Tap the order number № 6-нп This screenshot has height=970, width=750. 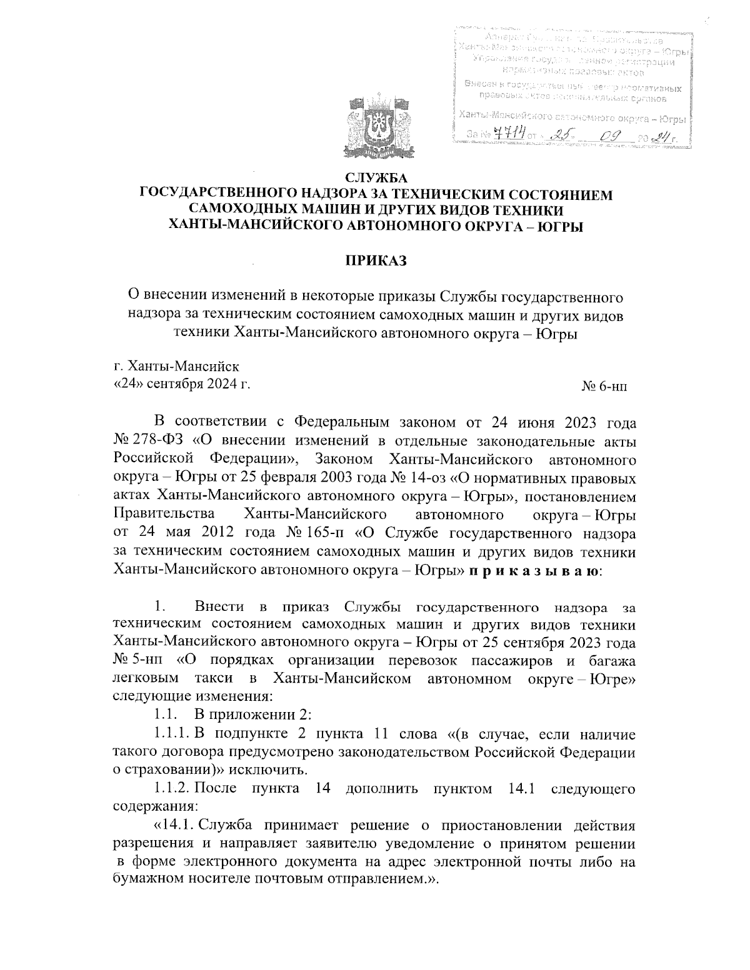coord(604,387)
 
